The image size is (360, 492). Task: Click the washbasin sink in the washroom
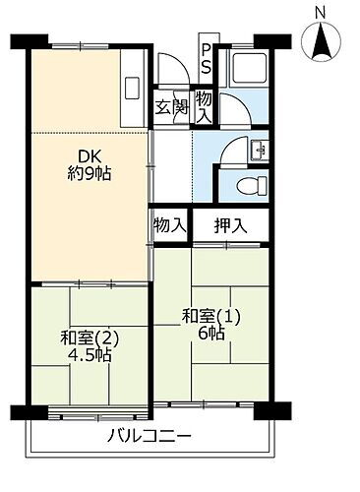(257, 150)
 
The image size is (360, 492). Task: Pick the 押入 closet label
(231, 225)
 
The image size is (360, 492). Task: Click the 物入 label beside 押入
(169, 225)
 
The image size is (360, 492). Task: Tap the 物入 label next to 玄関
(204, 106)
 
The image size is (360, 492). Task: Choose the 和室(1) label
(210, 317)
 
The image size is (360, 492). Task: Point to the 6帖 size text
(210, 335)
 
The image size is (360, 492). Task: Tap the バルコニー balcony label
(150, 436)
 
